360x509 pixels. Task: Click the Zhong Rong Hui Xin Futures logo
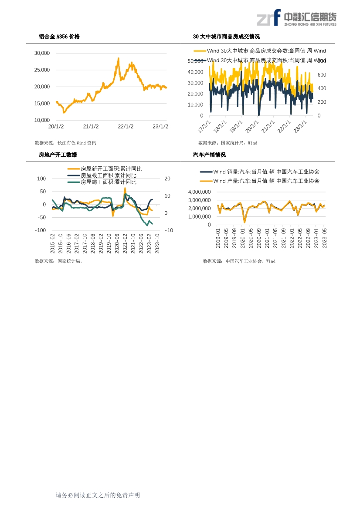[296, 19]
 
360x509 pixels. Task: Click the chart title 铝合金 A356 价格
[59, 37]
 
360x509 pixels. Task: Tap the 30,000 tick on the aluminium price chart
[42, 53]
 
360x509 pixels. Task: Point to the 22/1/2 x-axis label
[126, 127]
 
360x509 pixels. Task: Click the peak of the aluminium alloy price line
[118, 58]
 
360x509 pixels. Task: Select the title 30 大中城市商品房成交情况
[226, 37]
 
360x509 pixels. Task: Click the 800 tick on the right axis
[322, 61]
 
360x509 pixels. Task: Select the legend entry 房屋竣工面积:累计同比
[109, 175]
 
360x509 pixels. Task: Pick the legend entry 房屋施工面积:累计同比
[109, 182]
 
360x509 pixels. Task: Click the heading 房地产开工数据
[58, 155]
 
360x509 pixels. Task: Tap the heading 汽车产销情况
[209, 155]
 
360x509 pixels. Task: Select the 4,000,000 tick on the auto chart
[200, 192]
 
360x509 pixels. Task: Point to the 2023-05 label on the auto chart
[324, 238]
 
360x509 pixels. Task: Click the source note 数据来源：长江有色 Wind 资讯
[65, 143]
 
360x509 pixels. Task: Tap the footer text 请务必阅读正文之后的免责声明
[98, 495]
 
